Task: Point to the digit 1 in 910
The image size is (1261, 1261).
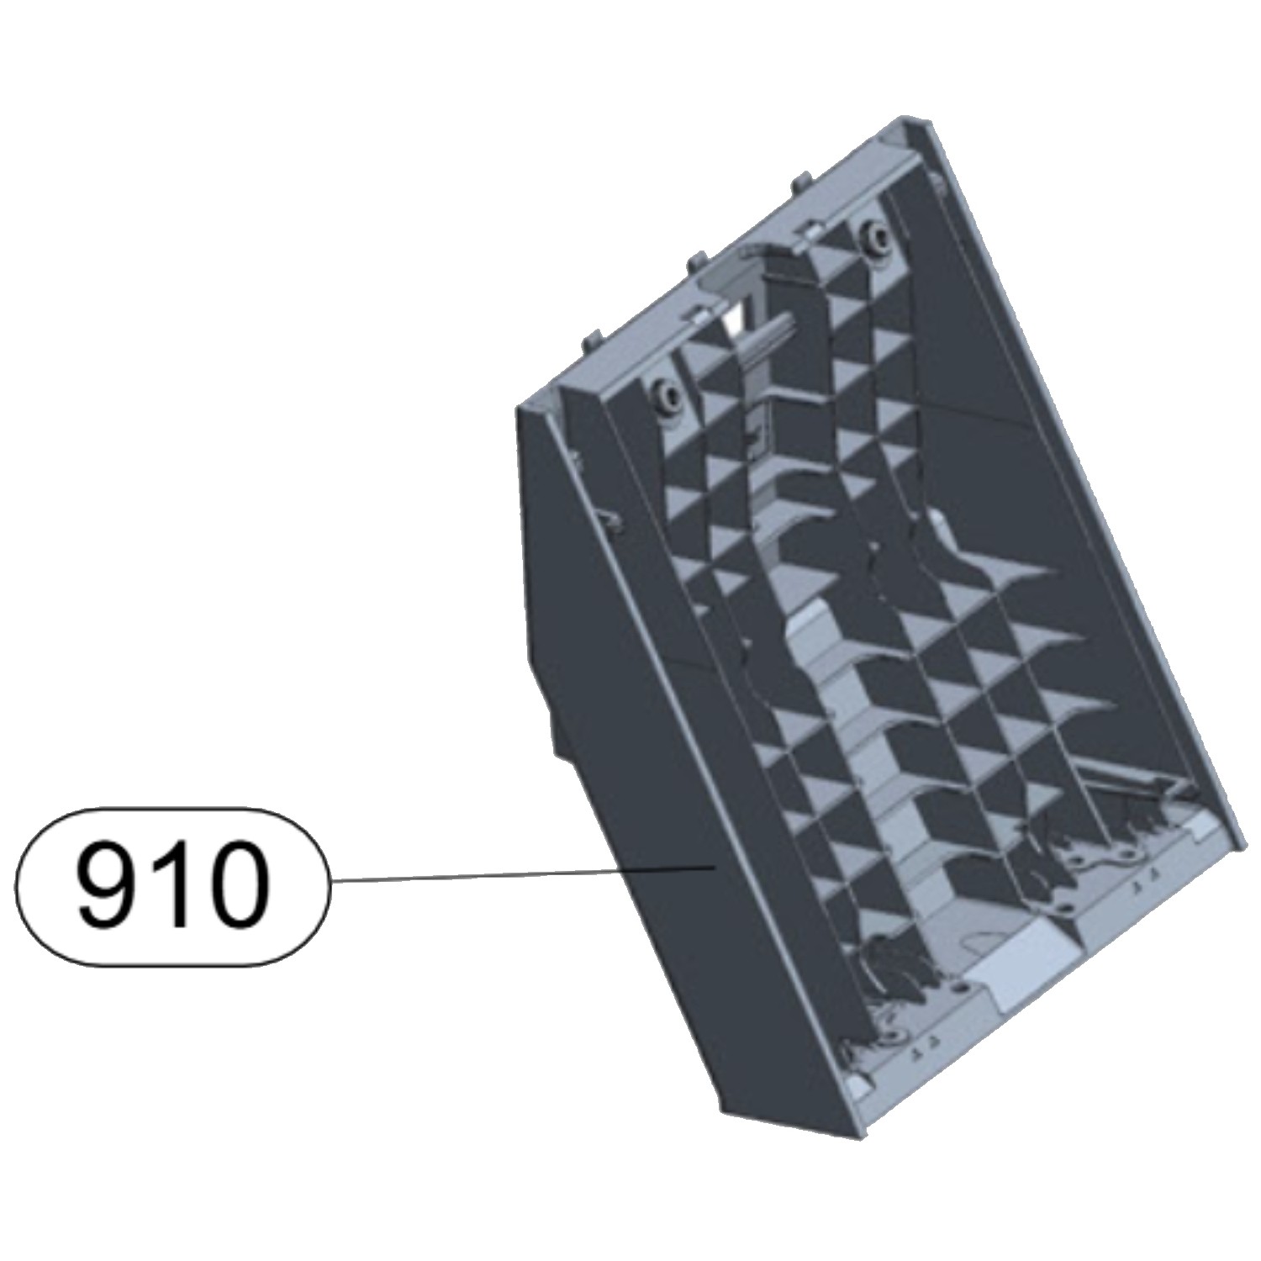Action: coord(171,884)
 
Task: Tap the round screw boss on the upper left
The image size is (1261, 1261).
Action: coord(664,393)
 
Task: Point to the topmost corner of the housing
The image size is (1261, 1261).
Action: coord(906,117)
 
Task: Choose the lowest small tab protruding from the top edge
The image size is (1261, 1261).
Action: coord(588,340)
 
